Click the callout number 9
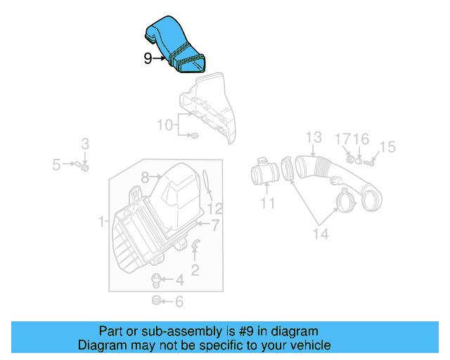(x=148, y=58)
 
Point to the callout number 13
(x=313, y=136)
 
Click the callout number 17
(x=342, y=139)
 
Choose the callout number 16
(x=361, y=139)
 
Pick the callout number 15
(x=387, y=147)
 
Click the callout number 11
(x=267, y=204)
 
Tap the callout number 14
(x=321, y=234)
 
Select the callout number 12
(x=214, y=208)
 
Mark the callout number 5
(x=56, y=165)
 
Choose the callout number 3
(x=85, y=144)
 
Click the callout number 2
(x=195, y=268)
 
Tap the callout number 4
(x=179, y=281)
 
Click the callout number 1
(x=102, y=222)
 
